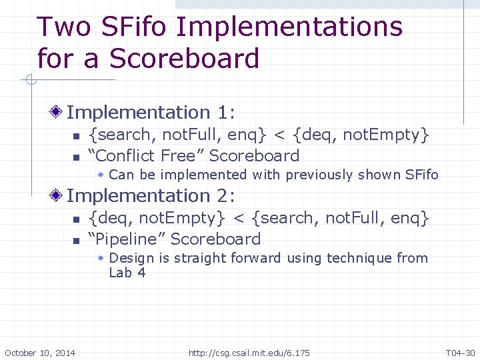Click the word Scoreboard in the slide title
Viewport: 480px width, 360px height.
click(184, 59)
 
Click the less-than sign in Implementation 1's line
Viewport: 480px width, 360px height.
click(279, 135)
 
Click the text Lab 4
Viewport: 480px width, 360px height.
click(127, 272)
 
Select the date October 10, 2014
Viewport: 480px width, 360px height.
click(40, 352)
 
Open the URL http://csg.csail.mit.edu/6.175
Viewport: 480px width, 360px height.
click(249, 352)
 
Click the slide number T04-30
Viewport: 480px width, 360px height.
click(460, 352)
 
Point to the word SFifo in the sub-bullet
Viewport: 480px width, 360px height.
click(421, 175)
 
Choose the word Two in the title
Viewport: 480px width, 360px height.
click(63, 27)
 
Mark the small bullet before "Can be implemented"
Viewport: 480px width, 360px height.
click(101, 175)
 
